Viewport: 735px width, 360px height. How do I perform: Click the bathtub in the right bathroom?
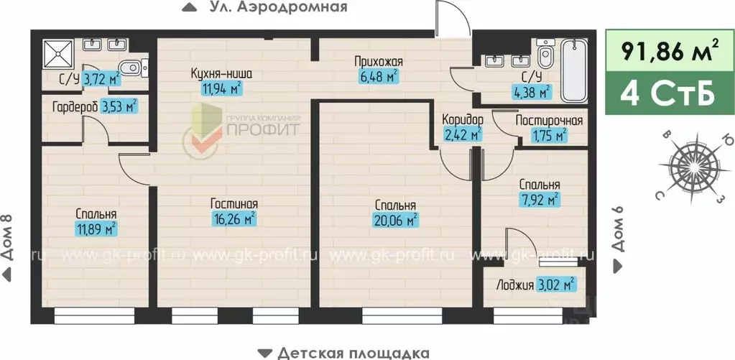click(575, 70)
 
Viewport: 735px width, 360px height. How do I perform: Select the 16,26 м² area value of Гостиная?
click(235, 218)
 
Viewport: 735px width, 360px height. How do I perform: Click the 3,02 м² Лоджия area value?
click(558, 285)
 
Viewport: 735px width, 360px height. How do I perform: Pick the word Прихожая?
click(378, 61)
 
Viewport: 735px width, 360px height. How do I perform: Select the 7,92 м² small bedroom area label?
click(540, 200)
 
